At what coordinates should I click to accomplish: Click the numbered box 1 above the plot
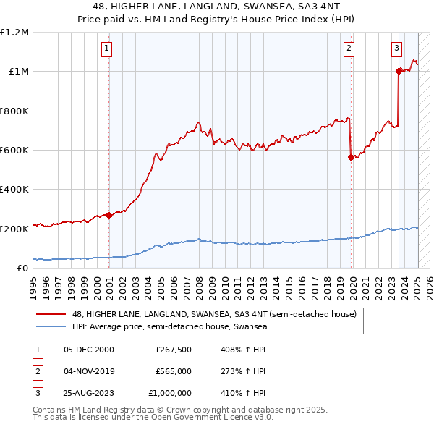106,48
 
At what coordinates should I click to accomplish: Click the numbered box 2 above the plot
349,48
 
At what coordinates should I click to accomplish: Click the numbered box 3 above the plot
397,48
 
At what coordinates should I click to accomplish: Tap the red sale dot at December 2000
109,215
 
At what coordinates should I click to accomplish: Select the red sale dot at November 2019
351,157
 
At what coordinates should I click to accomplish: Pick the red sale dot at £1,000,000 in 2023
399,71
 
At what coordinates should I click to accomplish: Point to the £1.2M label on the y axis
14,33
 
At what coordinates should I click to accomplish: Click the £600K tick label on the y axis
14,151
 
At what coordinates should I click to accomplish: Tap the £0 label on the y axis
22,268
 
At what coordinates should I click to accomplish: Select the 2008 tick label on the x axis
198,285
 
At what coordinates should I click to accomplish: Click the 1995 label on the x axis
33,285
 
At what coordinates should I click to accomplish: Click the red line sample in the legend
51,315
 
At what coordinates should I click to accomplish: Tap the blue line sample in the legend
51,327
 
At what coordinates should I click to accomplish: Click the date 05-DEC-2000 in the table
89,350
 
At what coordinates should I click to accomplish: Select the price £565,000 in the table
174,371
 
